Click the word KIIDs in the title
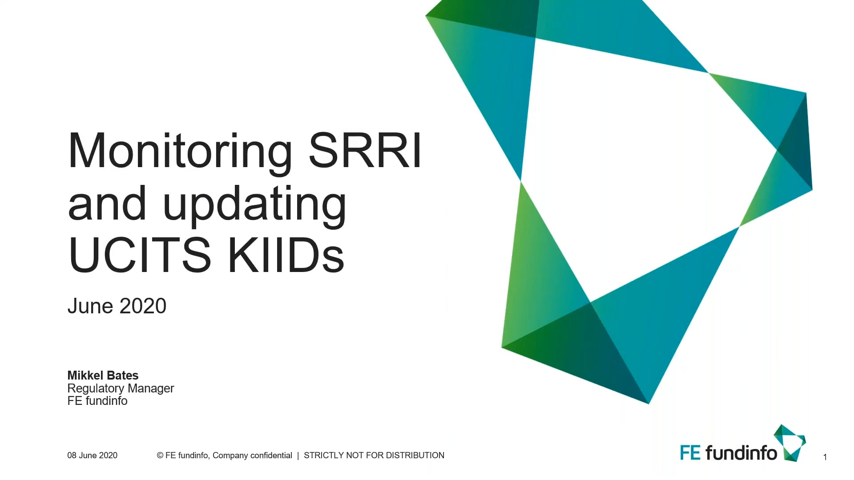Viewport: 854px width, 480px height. point(286,255)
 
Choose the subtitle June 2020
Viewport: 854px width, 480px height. point(117,306)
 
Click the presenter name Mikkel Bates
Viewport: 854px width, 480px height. point(103,376)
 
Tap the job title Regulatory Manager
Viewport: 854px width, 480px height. point(121,388)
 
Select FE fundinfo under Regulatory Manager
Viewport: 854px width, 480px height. point(97,401)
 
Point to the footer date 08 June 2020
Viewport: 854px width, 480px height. point(92,456)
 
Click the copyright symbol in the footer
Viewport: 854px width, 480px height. point(160,456)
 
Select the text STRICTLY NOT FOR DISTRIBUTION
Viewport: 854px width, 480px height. point(374,456)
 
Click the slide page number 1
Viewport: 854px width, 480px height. point(825,457)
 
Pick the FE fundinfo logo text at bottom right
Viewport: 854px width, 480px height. point(728,453)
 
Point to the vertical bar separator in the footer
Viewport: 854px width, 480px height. point(298,456)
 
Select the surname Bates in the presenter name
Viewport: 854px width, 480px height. point(122,376)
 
